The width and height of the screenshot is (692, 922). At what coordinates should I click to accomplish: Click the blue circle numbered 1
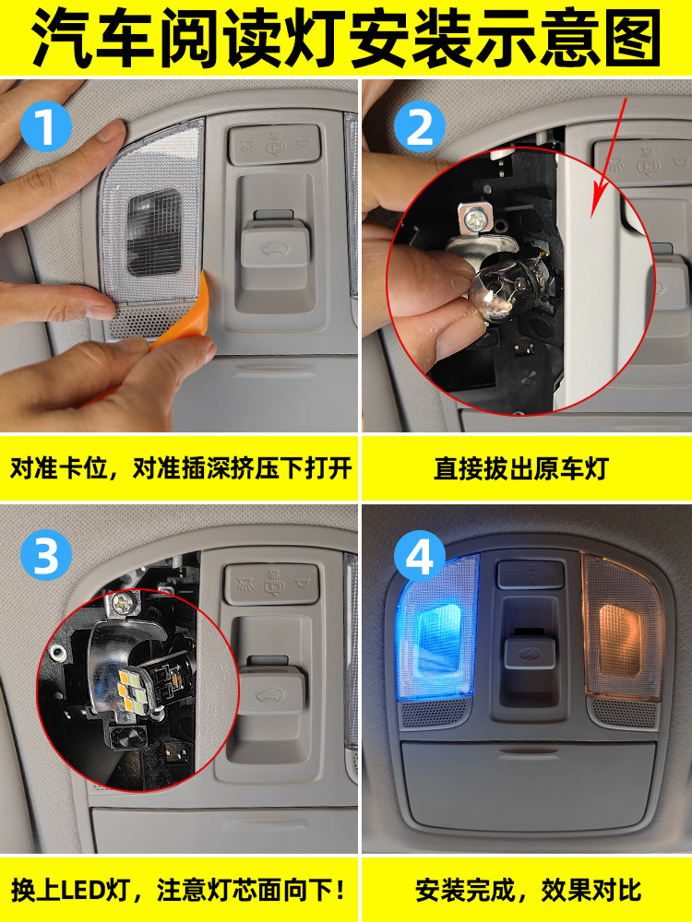(46, 125)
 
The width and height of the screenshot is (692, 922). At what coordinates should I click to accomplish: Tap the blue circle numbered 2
(420, 126)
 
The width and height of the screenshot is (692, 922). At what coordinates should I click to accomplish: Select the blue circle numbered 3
(46, 554)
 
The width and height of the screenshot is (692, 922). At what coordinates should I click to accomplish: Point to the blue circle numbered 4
(420, 554)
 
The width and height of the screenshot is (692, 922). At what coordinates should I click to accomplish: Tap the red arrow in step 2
(611, 158)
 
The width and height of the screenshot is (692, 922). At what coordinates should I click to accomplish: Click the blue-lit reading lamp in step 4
(437, 627)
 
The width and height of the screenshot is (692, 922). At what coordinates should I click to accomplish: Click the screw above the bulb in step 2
(473, 220)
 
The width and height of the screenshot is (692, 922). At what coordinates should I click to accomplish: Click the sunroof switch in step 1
(275, 246)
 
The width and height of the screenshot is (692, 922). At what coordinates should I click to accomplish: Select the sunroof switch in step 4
(529, 651)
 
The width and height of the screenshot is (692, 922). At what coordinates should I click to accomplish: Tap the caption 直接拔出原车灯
(520, 468)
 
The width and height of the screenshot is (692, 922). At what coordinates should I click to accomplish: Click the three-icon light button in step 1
(275, 144)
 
